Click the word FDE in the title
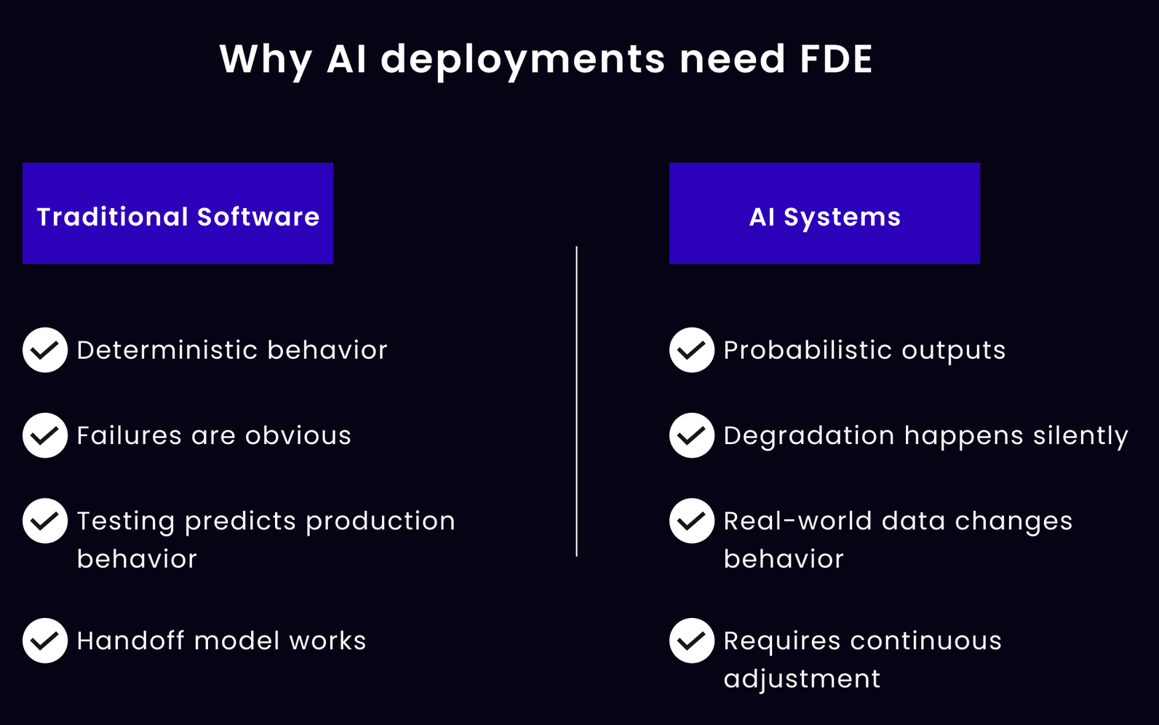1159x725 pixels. coord(836,59)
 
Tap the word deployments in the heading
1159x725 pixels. coord(522,61)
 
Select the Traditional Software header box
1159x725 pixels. coord(178,213)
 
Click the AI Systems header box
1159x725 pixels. coord(825,213)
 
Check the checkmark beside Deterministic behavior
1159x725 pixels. coord(45,350)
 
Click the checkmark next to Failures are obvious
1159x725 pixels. coord(45,435)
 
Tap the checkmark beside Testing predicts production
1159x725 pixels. coord(45,520)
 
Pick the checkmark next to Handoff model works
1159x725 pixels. coord(45,641)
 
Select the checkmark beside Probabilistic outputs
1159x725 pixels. coord(692,350)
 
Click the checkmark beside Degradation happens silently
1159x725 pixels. coord(692,435)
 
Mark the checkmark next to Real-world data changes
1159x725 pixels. coord(692,520)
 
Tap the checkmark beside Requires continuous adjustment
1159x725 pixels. coord(692,641)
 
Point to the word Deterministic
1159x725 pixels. coord(167,350)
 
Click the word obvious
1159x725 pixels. coord(298,435)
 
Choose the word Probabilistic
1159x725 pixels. coord(808,350)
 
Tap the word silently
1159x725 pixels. coord(1081,436)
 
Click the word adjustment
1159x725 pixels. coord(802,679)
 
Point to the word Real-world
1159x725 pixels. coord(798,520)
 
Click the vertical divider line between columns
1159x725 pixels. coord(576,401)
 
